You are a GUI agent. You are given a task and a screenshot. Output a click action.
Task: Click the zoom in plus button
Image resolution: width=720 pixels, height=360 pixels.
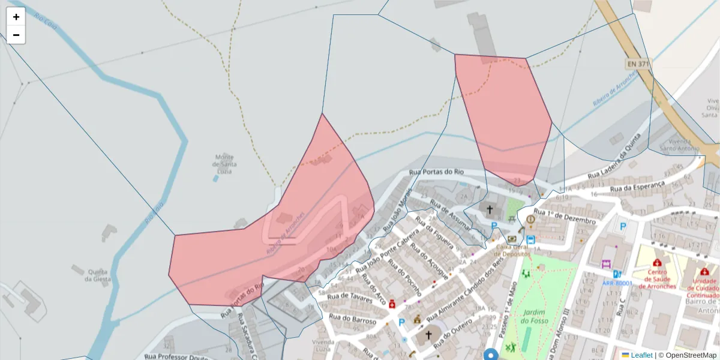(x=16, y=17)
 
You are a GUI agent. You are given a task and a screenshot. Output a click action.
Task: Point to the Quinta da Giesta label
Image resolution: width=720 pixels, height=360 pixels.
(x=98, y=275)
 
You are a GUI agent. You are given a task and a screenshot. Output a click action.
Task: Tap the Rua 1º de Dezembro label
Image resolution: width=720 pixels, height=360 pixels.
(x=565, y=217)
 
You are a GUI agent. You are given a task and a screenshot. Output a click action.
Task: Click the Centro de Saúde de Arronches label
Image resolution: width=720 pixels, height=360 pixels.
(x=657, y=279)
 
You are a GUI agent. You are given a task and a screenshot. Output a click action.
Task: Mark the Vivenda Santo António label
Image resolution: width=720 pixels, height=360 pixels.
(x=679, y=145)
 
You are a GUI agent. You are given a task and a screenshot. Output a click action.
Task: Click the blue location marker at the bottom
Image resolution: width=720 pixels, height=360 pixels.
(x=491, y=354)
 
